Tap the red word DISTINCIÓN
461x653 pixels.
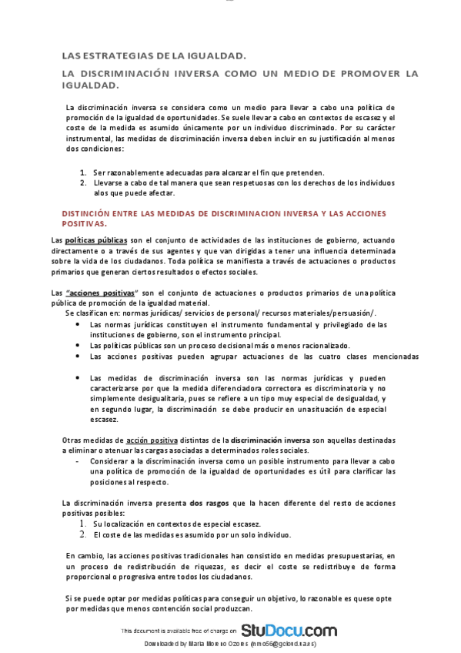[x=87, y=213]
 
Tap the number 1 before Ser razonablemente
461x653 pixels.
[x=83, y=172]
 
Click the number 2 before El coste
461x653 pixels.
[x=82, y=534]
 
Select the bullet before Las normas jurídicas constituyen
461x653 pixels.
[x=78, y=324]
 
